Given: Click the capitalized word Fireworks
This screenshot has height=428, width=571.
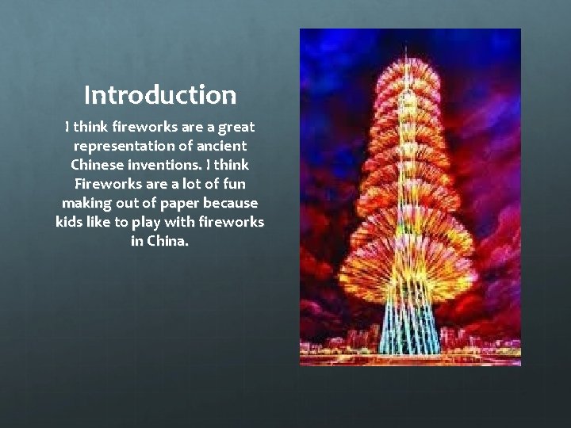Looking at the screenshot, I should pos(104,185).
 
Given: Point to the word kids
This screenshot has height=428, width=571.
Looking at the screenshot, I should pos(69,223).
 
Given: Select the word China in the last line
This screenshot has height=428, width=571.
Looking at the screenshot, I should pos(169,242).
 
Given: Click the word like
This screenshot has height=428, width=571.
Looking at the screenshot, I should pos(99,223).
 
